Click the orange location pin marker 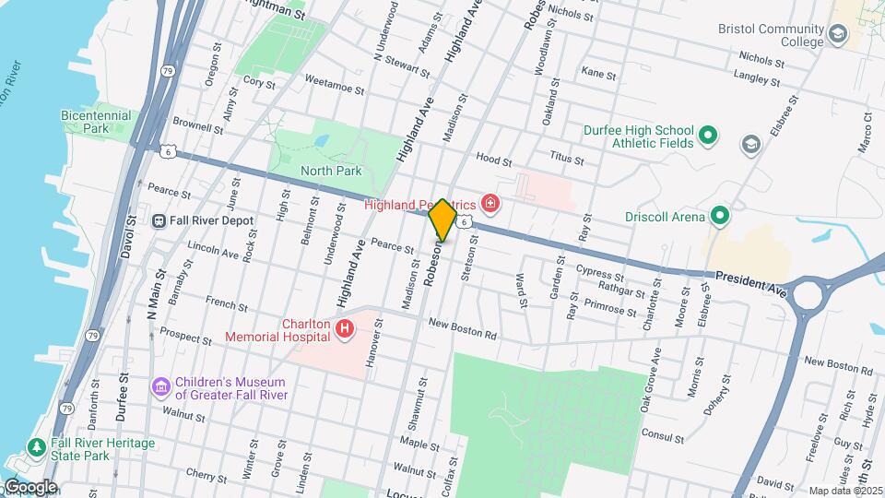[x=442, y=219]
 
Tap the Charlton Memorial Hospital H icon [x=345, y=328]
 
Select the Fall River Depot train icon [x=159, y=220]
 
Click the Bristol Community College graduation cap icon [x=838, y=35]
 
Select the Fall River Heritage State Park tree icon [x=37, y=447]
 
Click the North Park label [x=331, y=171]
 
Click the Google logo [x=29, y=487]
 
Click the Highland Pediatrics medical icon [x=490, y=203]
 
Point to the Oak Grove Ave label [x=651, y=378]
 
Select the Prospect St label [x=186, y=336]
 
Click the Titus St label [x=566, y=160]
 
